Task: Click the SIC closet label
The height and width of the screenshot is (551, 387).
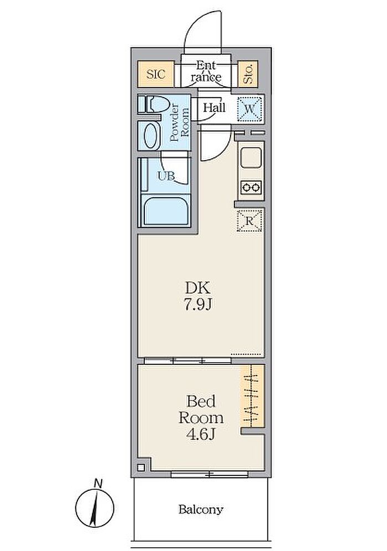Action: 155,74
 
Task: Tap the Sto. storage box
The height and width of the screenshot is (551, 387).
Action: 248,74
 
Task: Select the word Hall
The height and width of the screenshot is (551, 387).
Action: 214,108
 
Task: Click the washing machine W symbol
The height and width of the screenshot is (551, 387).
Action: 249,109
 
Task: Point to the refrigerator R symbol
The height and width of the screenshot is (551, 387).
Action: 249,221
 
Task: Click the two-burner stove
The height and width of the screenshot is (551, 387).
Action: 251,187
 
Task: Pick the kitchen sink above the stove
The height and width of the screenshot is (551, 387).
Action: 251,158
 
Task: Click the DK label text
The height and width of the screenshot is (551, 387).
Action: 198,288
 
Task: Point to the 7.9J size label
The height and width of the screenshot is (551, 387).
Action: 198,305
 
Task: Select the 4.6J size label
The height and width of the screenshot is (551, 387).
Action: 200,435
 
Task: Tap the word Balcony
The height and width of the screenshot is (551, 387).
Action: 201,510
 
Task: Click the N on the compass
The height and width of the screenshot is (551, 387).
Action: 98,484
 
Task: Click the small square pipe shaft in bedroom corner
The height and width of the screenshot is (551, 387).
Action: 141,468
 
